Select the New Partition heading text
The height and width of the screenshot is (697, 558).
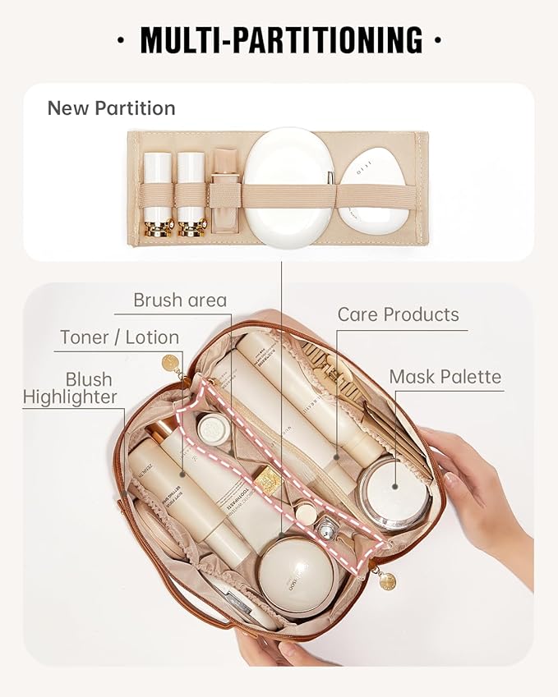point(111,108)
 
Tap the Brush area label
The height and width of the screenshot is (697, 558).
point(180,300)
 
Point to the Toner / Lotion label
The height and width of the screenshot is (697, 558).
point(119,337)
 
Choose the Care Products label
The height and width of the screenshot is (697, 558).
point(399,314)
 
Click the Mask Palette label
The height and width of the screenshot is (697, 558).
point(445,377)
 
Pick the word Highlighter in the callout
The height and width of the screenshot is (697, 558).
point(70,397)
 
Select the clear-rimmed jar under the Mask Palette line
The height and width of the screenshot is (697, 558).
point(394,493)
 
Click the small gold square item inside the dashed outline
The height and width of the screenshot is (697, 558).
point(268,479)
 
